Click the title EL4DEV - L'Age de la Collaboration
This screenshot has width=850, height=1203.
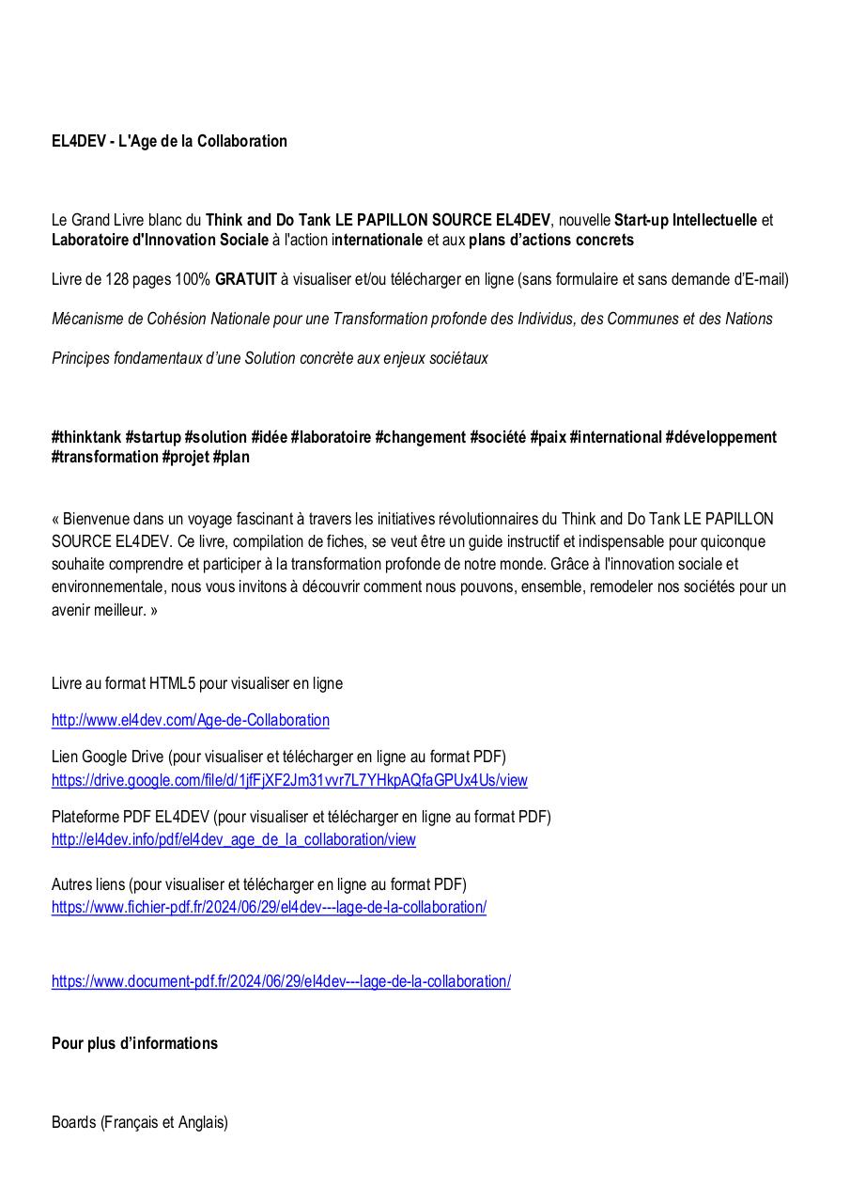(x=169, y=141)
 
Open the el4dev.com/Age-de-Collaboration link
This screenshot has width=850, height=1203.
(x=190, y=721)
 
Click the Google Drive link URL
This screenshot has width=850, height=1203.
(x=289, y=780)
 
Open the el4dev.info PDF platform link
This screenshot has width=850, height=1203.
(x=233, y=840)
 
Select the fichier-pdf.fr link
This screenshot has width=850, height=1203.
(x=269, y=908)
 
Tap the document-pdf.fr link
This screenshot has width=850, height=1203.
(x=281, y=981)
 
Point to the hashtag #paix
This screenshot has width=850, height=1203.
(x=548, y=437)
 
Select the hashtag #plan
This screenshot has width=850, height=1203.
(x=231, y=457)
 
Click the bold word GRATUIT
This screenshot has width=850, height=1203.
(x=246, y=279)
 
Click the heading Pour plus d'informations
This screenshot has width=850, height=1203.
(x=134, y=1043)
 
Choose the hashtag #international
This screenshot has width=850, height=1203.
(x=615, y=437)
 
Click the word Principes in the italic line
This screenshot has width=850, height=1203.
(x=82, y=358)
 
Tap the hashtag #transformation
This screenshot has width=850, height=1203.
(x=104, y=457)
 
